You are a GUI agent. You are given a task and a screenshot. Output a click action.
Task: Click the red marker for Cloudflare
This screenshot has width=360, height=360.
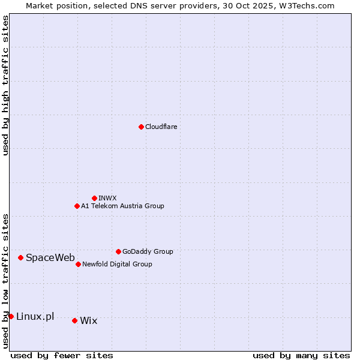click(141, 127)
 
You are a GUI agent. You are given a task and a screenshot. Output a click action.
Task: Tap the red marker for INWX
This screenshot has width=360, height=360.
click(94, 198)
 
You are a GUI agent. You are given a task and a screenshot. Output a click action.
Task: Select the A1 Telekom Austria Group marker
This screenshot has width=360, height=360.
click(77, 206)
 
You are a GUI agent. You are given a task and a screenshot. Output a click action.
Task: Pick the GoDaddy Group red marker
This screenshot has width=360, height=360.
click(118, 251)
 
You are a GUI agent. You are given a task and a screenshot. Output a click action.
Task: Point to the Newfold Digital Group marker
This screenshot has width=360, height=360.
click(78, 264)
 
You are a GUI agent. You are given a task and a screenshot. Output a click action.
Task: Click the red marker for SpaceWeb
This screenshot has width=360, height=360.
click(20, 257)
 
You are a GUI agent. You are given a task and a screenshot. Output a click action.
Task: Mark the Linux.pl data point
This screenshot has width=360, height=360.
click(11, 316)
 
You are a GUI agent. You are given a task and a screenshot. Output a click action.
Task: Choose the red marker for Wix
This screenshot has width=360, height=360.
click(74, 320)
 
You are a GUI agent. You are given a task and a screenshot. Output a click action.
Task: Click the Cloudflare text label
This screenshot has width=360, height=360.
click(161, 127)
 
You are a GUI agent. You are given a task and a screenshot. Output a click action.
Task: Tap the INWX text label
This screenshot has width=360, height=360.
click(107, 198)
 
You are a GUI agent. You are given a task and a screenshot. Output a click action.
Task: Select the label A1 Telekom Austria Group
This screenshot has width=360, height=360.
click(122, 206)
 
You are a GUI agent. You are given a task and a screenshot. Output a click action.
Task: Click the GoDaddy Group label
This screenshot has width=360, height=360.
click(148, 251)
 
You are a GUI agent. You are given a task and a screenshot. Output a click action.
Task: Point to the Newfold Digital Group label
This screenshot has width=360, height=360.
click(117, 264)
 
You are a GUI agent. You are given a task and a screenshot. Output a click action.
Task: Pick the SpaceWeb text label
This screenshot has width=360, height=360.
click(50, 258)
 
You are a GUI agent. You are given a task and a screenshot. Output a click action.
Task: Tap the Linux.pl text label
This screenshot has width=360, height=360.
click(35, 316)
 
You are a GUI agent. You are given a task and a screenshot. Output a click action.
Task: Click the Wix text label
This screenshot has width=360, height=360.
click(88, 321)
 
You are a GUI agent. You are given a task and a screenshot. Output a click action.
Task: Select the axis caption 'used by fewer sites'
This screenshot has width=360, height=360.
click(62, 355)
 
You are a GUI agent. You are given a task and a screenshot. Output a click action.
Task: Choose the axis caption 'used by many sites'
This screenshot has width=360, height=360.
click(301, 355)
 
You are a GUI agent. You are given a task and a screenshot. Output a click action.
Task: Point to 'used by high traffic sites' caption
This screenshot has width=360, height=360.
click(5, 86)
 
